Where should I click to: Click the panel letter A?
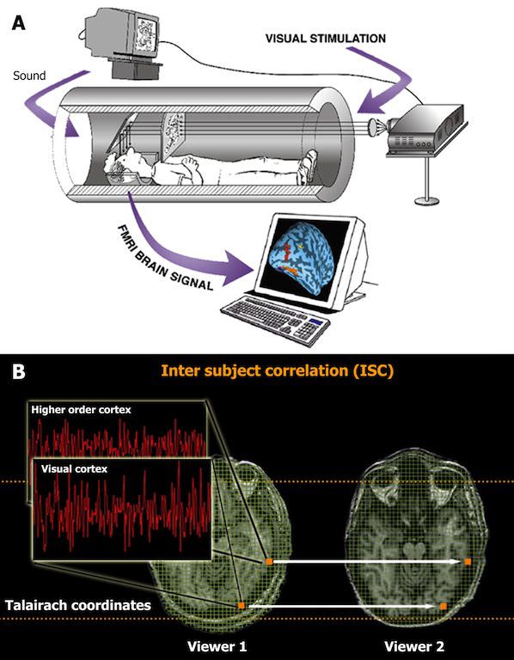pos(18,22)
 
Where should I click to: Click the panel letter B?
pos(19,371)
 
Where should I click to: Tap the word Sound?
pos(29,76)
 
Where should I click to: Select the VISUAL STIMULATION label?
pos(326,39)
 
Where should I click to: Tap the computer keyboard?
pos(275,317)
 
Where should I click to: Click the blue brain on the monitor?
pos(306,258)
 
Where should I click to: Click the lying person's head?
pos(122,165)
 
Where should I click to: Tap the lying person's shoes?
pos(309,167)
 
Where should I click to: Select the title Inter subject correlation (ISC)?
pos(278,371)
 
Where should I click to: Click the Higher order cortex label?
pos(82,410)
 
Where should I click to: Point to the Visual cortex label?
pos(74,468)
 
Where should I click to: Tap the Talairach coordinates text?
pos(78,606)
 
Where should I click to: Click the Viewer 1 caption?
pos(217,645)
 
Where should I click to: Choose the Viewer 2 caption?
pos(413,645)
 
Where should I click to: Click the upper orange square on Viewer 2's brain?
pos(468,561)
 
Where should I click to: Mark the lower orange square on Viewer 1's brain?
pos(242,606)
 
